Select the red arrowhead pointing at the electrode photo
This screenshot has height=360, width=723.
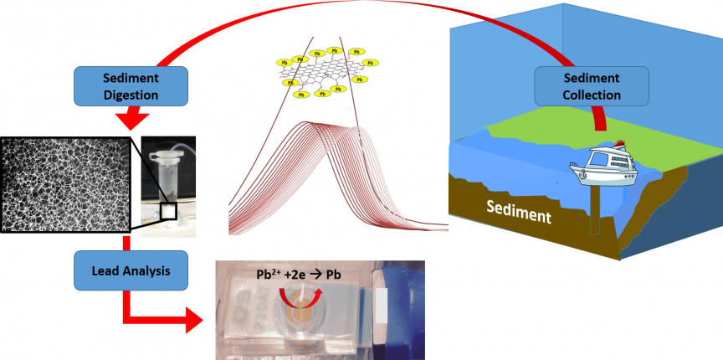193,319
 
